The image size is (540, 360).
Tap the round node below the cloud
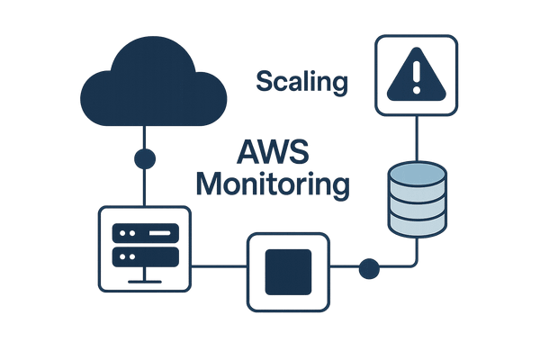[x=145, y=159]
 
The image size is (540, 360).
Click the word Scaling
[x=302, y=82]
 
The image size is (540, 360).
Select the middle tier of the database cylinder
[x=417, y=200]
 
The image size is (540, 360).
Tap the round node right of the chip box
[x=368, y=266]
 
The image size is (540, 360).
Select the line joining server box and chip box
[x=219, y=266]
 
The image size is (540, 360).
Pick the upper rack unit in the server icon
[x=145, y=233]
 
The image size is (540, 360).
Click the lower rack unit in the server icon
[x=145, y=256]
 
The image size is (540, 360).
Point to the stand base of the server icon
[x=145, y=282]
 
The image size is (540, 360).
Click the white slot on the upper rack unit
[x=157, y=233]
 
